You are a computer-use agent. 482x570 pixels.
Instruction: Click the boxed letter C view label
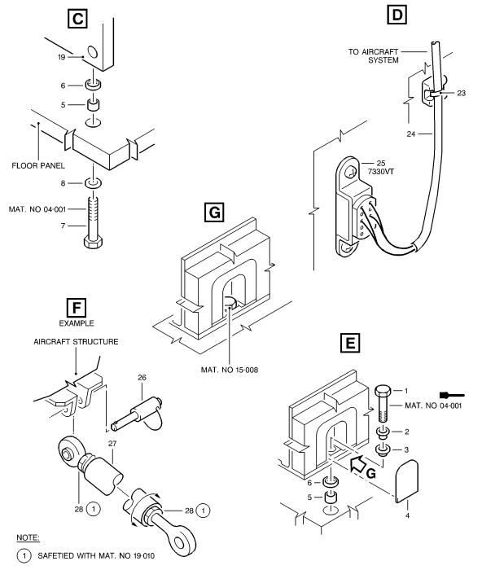78,19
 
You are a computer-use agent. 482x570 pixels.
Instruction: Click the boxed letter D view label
397,15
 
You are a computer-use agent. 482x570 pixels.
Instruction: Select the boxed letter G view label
214,213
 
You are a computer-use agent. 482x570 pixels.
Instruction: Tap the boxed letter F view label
77,308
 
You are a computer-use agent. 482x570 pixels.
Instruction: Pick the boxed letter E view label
350,343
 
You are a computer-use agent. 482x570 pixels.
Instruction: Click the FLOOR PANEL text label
38,166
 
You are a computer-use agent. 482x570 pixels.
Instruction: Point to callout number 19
61,57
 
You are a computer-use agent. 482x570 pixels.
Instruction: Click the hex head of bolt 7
94,242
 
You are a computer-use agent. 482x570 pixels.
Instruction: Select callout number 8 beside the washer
63,183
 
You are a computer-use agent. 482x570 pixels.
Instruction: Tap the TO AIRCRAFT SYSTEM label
374,56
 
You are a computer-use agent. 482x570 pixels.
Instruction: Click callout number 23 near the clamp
462,93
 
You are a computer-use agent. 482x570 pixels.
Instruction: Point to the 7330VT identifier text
381,172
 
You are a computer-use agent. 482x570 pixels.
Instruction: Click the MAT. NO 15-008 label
230,370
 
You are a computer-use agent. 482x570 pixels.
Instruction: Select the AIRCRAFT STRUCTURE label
76,342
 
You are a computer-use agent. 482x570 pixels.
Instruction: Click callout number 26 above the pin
142,378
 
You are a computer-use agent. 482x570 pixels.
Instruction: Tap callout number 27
112,444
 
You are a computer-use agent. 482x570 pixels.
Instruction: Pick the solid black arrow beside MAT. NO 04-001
452,395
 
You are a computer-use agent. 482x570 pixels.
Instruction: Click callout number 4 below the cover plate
407,515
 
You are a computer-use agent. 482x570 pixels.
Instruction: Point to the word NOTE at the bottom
28,537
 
